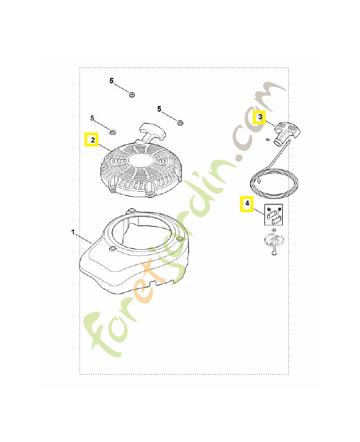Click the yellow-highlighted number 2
(x=92, y=140)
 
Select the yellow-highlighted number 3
(x=259, y=117)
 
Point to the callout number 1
(x=73, y=233)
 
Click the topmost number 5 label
(x=112, y=81)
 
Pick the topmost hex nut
(x=132, y=95)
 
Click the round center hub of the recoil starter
(x=139, y=162)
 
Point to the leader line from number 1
(x=83, y=238)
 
